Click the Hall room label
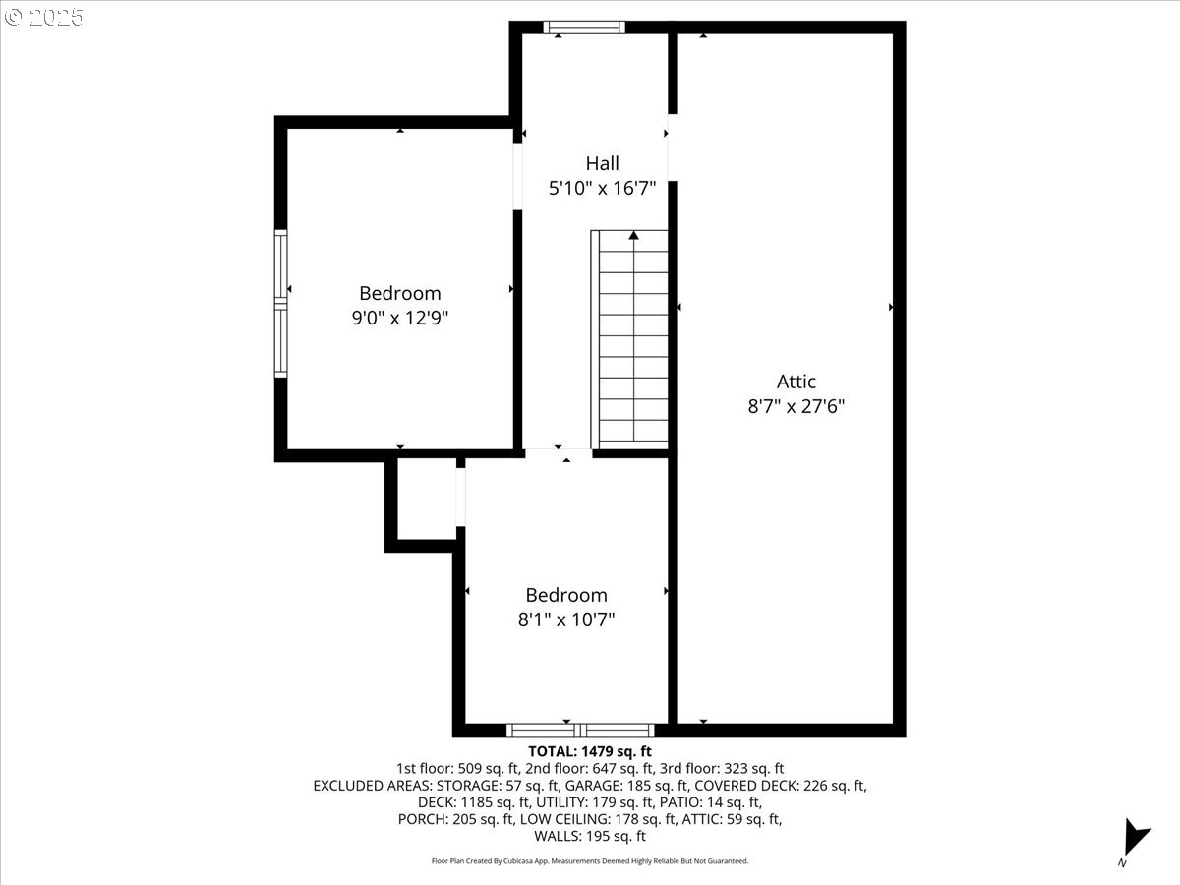click(602, 163)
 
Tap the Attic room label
click(796, 382)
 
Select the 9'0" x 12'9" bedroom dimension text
click(400, 318)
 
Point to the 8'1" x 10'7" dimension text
click(566, 620)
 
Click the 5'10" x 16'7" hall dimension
click(602, 188)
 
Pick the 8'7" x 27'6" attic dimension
click(796, 406)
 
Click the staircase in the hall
click(629, 339)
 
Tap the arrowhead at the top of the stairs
click(634, 235)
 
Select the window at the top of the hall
click(584, 28)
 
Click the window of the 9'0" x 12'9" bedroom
click(280, 304)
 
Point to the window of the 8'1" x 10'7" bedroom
click(580, 730)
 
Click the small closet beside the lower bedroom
click(427, 499)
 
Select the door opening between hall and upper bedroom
click(517, 176)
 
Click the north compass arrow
click(1135, 837)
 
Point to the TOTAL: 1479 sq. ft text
click(590, 751)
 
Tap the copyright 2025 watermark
click(43, 17)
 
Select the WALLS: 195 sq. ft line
click(590, 836)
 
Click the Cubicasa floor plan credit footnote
click(590, 861)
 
